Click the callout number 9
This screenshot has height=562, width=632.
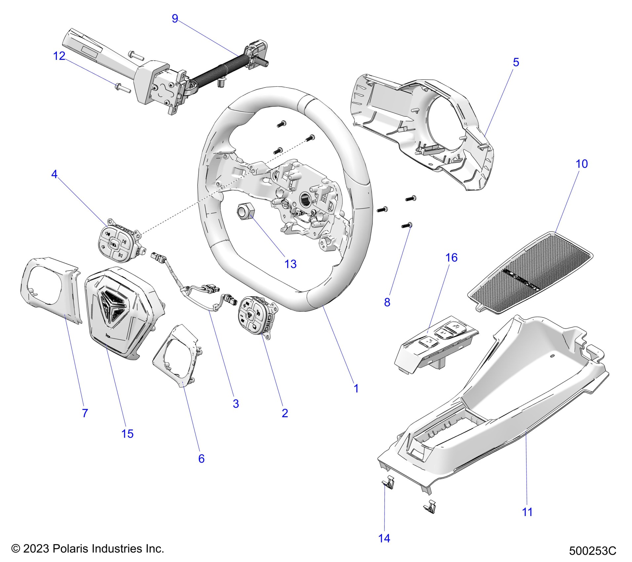point(175,19)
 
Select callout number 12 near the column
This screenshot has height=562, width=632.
point(59,56)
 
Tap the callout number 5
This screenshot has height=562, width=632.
point(516,62)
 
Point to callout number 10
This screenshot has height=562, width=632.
point(582,164)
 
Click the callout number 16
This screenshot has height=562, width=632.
point(452,258)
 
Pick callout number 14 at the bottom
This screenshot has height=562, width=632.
point(384,539)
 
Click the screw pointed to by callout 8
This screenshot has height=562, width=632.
point(406,226)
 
